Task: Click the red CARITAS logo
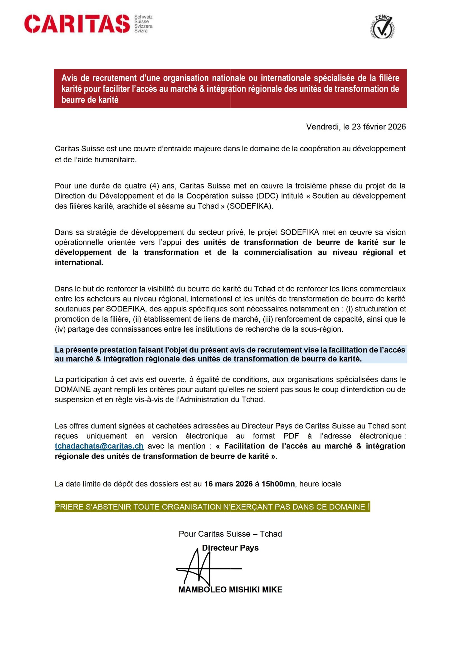[77, 24]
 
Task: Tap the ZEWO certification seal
[382, 27]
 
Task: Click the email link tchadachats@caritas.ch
[99, 446]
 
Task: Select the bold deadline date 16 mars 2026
[228, 484]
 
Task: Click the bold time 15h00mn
[278, 484]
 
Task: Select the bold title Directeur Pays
[230, 548]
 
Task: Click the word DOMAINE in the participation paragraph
[73, 389]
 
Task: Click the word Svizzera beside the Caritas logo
[143, 26]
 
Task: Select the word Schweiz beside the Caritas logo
[143, 17]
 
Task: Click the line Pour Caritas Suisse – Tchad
[230, 534]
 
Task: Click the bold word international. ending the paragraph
[79, 263]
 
